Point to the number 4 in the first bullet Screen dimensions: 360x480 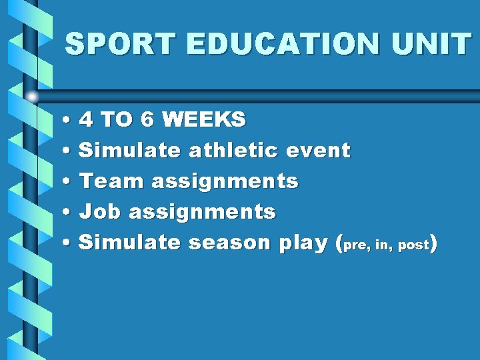tap(86, 120)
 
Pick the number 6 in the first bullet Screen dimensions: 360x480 tap(148, 120)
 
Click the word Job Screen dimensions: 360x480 tap(100, 212)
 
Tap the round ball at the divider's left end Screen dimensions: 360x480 tap(33, 96)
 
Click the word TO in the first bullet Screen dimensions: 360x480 tap(117, 120)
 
